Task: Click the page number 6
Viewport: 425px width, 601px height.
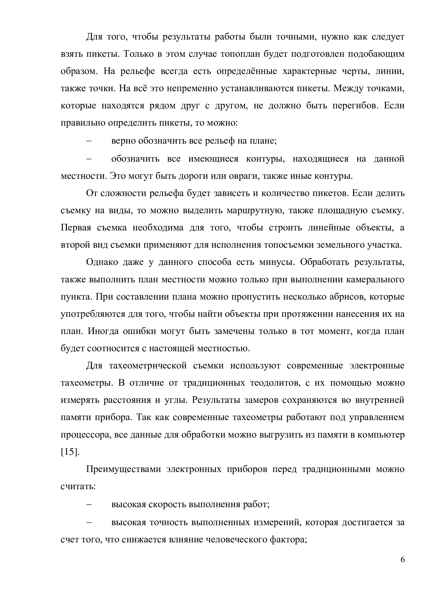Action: (402, 567)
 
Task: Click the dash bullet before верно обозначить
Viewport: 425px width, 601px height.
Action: (89, 141)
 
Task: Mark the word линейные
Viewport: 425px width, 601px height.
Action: (329, 228)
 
